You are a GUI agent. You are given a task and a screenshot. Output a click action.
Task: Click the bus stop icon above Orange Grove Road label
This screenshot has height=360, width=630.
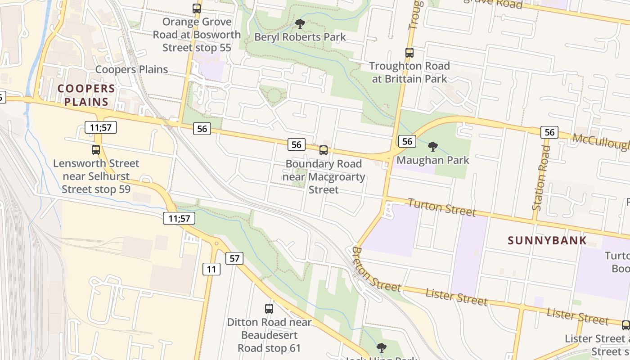[197, 9]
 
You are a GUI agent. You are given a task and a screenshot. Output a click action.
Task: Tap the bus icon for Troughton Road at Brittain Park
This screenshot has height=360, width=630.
[409, 53]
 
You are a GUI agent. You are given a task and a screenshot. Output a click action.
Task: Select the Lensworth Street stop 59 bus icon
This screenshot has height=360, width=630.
[96, 150]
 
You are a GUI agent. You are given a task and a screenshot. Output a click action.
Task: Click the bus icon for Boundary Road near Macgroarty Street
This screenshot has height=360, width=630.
[324, 150]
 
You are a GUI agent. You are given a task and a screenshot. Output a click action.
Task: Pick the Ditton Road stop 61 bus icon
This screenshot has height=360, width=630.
[269, 309]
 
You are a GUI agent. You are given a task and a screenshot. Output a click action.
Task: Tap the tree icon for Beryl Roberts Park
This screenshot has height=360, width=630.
[300, 24]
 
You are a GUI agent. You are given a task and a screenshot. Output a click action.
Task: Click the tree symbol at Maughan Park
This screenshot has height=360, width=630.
[433, 147]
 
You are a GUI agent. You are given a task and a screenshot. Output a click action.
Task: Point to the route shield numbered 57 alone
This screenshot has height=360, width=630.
[234, 258]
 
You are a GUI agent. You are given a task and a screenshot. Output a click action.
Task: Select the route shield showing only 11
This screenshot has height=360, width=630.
[211, 270]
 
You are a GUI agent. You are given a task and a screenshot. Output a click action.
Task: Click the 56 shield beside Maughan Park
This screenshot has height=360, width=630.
[407, 141]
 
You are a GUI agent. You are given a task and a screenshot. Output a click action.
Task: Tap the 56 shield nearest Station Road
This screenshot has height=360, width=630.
[549, 132]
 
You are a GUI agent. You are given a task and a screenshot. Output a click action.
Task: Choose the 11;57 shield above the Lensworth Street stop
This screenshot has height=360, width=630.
[101, 127]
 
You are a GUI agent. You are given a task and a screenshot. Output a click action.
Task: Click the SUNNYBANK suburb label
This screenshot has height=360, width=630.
[547, 240]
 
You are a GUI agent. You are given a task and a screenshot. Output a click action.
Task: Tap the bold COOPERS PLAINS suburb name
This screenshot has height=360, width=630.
[86, 95]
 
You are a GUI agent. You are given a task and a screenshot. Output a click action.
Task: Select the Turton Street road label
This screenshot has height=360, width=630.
[441, 207]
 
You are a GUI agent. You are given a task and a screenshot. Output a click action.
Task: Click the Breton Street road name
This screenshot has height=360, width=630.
[375, 270]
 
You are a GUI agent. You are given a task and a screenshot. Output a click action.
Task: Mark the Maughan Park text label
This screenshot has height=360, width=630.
[433, 160]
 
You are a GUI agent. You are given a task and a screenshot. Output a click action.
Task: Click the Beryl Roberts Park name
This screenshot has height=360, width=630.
[300, 37]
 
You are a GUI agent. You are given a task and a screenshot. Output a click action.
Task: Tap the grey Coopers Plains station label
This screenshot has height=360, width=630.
[131, 69]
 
